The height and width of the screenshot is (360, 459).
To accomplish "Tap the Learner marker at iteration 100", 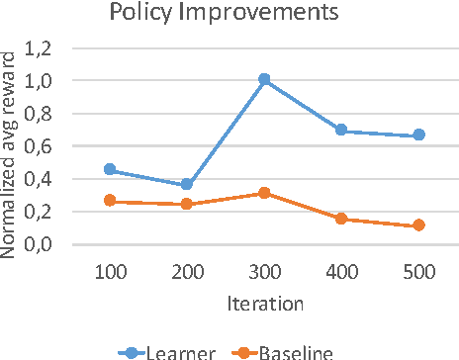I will (x=110, y=169).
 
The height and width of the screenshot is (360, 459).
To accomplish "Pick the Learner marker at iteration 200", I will (x=187, y=185).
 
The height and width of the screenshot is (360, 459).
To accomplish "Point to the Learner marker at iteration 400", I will (x=341, y=130).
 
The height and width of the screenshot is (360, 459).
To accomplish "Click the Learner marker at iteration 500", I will (x=418, y=135).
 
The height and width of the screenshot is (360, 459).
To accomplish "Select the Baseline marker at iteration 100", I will (x=110, y=201).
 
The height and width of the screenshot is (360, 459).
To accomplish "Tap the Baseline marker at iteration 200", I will (x=187, y=204).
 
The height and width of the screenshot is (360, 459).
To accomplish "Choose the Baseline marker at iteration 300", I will (x=263, y=193).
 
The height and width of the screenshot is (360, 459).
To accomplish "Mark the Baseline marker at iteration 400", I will (x=341, y=219).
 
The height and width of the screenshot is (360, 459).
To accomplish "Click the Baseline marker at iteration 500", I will (x=418, y=225).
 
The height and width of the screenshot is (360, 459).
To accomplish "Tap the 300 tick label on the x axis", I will (x=263, y=270).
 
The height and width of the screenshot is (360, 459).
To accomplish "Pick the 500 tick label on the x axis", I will (x=418, y=270).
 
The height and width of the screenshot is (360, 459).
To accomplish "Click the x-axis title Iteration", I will (x=263, y=303).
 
